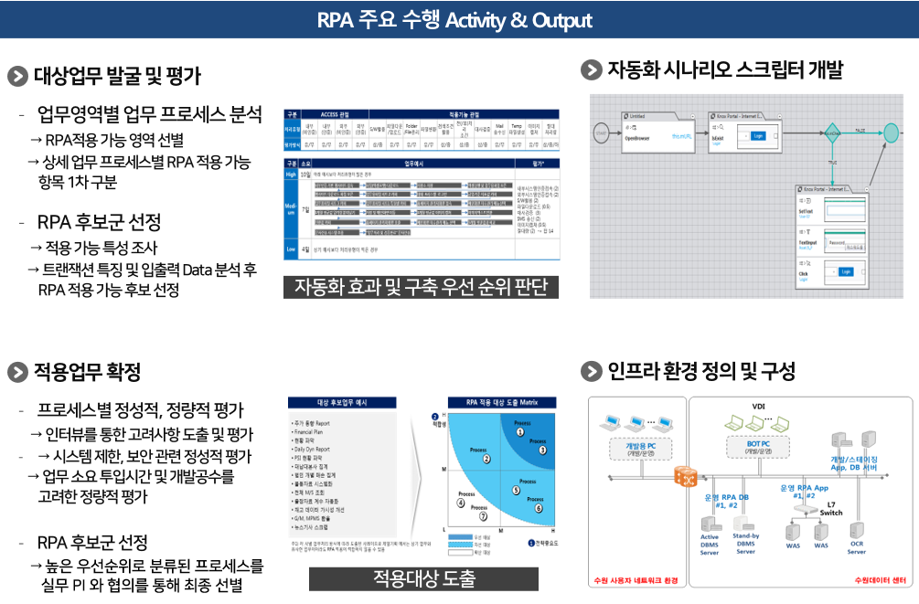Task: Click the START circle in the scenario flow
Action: pyautogui.click(x=601, y=132)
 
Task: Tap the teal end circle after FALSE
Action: pyautogui.click(x=891, y=132)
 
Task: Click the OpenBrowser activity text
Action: pyautogui.click(x=637, y=138)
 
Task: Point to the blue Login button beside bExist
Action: pyautogui.click(x=757, y=135)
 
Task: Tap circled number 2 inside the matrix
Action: pyautogui.click(x=486, y=459)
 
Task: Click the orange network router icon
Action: pyautogui.click(x=685, y=476)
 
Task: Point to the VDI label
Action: pyautogui.click(x=758, y=406)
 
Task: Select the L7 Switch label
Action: pyautogui.click(x=829, y=508)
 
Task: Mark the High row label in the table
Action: pyautogui.click(x=292, y=173)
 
